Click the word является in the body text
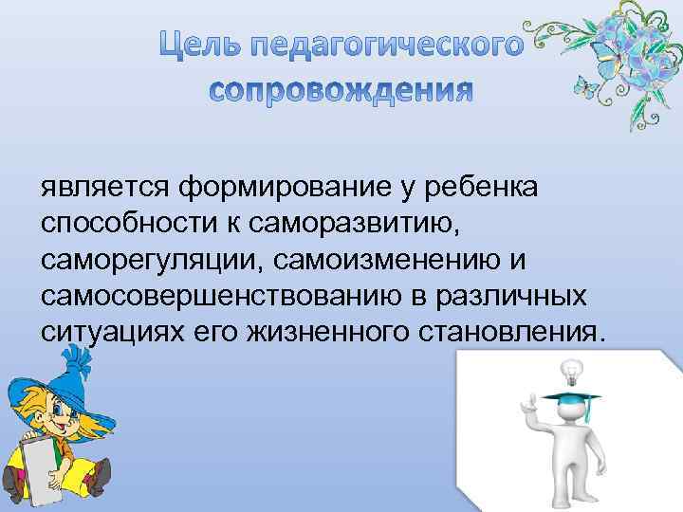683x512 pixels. (x=104, y=186)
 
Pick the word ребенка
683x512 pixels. (x=481, y=186)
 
